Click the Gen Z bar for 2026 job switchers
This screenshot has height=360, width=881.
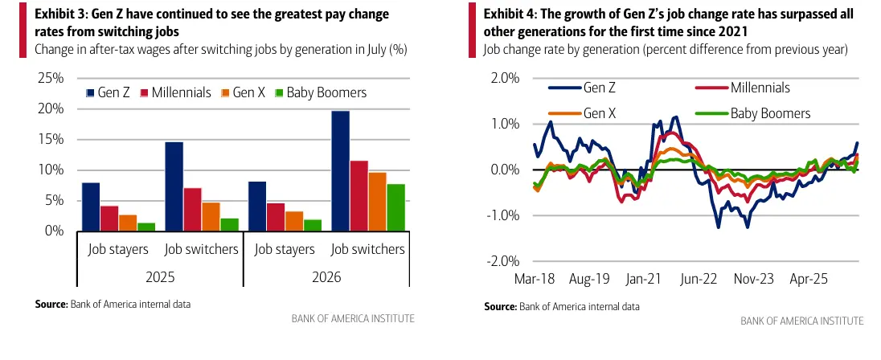341,170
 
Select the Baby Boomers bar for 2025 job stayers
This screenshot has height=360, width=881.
146,227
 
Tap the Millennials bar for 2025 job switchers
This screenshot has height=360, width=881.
192,209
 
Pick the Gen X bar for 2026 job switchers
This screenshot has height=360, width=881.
378,202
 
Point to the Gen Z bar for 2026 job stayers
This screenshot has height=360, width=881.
257,206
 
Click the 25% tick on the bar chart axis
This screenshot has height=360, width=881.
50,78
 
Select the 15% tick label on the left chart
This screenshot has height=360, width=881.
50,139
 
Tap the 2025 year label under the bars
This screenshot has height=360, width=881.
160,277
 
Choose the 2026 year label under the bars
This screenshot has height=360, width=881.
326,277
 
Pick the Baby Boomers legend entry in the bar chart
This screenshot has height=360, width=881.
320,92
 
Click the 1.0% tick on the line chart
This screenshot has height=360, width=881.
504,124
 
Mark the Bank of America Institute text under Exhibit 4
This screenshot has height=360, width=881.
801,321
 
